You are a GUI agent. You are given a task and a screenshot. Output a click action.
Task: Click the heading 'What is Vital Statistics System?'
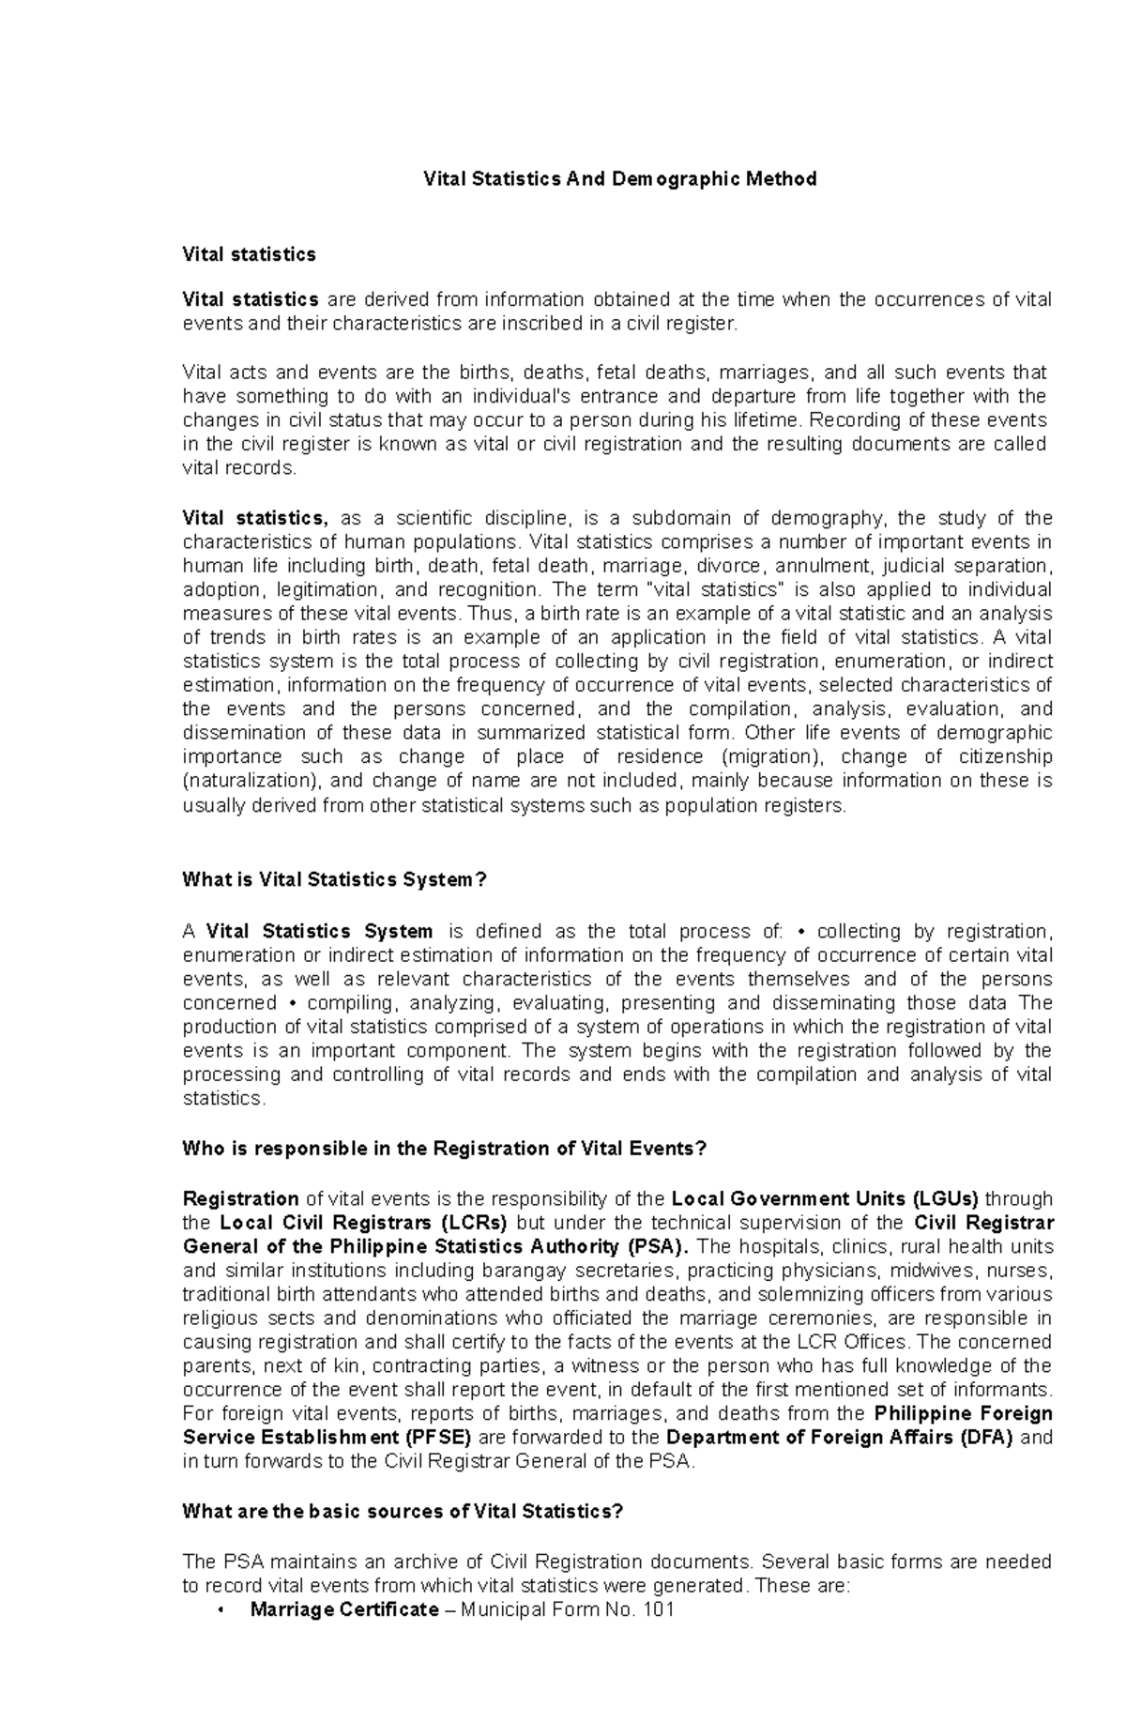[335, 879]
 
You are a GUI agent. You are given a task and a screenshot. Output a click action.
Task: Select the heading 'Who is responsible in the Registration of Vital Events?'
[443, 1149]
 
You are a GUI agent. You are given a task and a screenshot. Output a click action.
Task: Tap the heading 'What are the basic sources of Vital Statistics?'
[403, 1512]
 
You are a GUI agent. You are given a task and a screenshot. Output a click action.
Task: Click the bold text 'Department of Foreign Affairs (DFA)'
[840, 1438]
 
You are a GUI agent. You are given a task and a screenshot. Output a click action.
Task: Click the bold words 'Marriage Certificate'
[343, 1609]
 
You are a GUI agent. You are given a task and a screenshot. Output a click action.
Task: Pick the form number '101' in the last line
[659, 1609]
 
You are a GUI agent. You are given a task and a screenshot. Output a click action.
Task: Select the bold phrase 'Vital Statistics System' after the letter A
[319, 931]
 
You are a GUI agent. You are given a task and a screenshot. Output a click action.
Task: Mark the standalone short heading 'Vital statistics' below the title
[249, 254]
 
